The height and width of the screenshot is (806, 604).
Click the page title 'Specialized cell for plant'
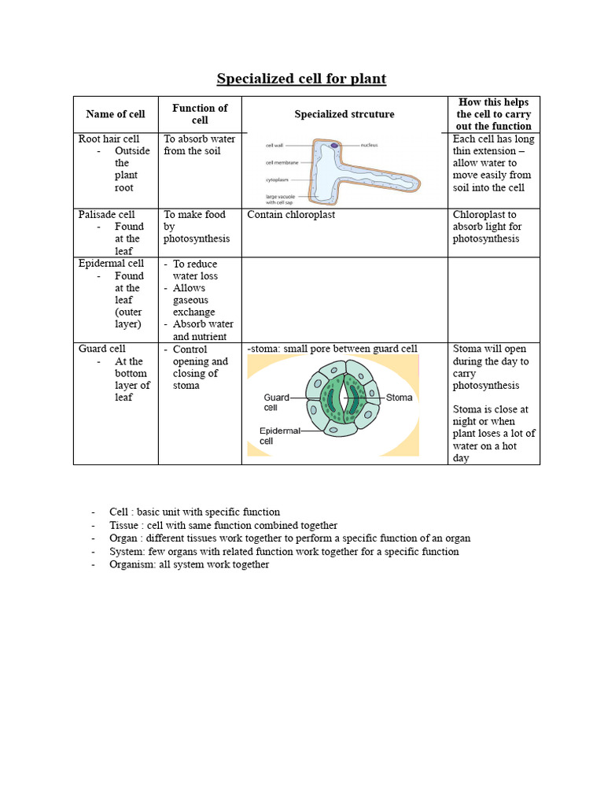coord(301,79)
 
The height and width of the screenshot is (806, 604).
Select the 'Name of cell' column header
coord(116,114)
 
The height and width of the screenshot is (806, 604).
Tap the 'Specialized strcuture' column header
coord(344,114)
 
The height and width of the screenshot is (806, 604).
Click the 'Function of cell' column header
coord(200,114)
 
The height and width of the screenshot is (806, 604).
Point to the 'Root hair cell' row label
coord(109,139)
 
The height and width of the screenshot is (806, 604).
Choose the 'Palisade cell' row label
coord(106,214)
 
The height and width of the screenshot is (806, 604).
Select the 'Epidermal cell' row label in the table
coord(111,264)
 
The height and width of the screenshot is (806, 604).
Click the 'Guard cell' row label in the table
coord(101,349)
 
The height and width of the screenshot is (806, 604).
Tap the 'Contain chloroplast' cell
coord(290,214)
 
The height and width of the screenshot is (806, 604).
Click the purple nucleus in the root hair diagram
coord(335,146)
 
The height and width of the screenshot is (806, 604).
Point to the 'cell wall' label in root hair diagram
coord(274,146)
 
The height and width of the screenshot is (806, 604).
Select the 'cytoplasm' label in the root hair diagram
coord(278,179)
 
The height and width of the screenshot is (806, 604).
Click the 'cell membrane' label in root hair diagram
coord(280,163)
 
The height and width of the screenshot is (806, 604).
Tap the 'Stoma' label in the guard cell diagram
coord(399,397)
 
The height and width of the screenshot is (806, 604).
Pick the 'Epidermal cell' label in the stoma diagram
coord(277,436)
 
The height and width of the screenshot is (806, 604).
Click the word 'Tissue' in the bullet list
coord(124,525)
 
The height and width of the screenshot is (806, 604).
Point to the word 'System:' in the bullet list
coord(127,552)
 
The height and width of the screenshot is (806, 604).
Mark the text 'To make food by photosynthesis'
coord(196,227)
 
